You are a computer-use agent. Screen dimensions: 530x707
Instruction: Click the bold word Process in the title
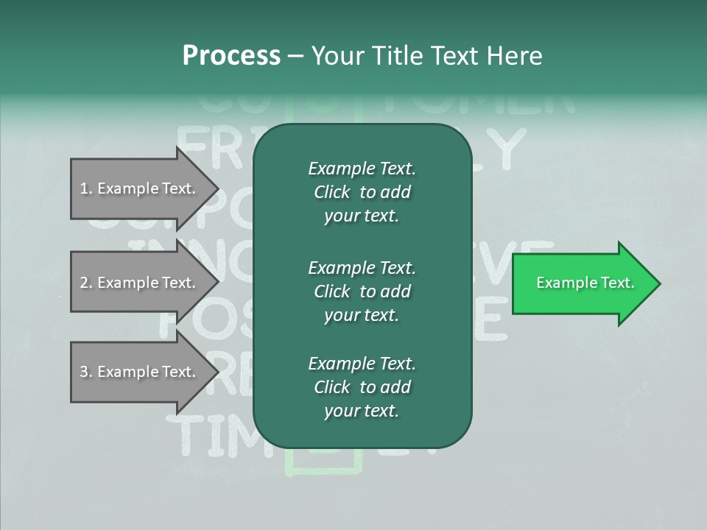click(231, 56)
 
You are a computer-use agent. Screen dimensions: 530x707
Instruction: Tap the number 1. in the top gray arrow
click(86, 188)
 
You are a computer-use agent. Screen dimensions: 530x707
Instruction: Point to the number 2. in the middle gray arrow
click(86, 283)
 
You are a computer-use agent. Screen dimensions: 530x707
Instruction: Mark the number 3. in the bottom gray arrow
click(86, 372)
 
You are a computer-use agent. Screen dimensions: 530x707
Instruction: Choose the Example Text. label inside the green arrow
click(585, 283)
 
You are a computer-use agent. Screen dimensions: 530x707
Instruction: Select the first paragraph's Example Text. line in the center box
click(362, 169)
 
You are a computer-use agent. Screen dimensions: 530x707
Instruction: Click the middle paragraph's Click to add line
click(362, 291)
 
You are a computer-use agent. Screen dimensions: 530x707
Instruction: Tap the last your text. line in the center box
click(362, 411)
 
